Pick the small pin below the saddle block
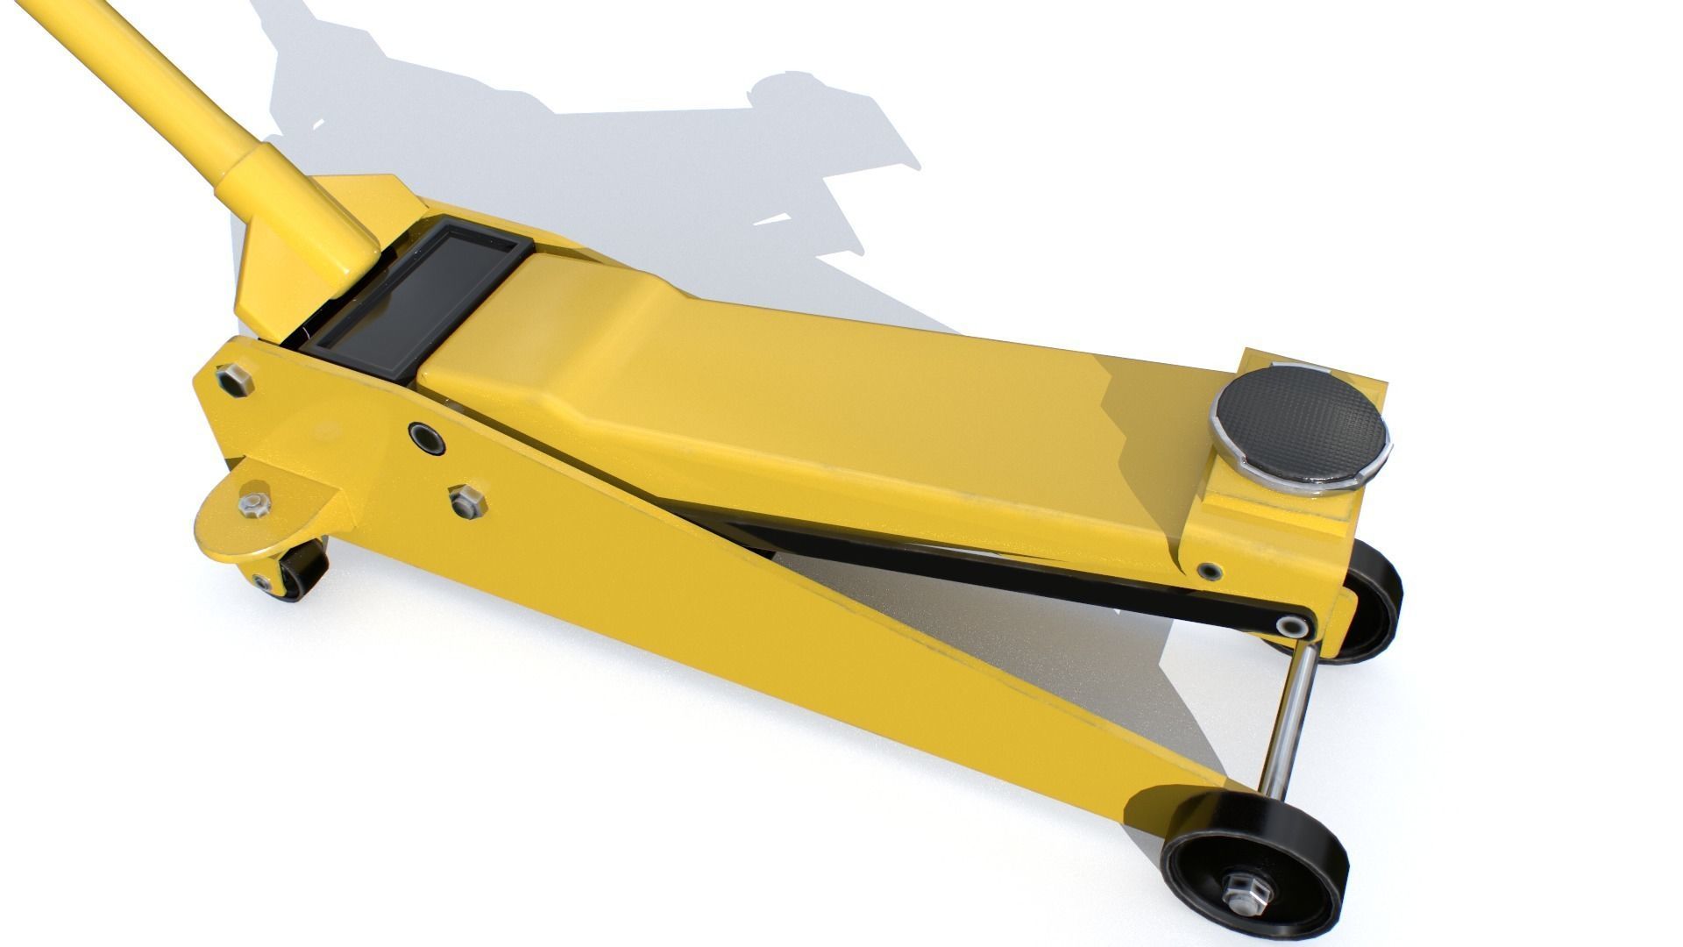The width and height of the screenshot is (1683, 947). tap(1210, 570)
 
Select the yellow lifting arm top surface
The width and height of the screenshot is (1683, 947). tap(789, 386)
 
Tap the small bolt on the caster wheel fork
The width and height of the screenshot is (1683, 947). tap(262, 580)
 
